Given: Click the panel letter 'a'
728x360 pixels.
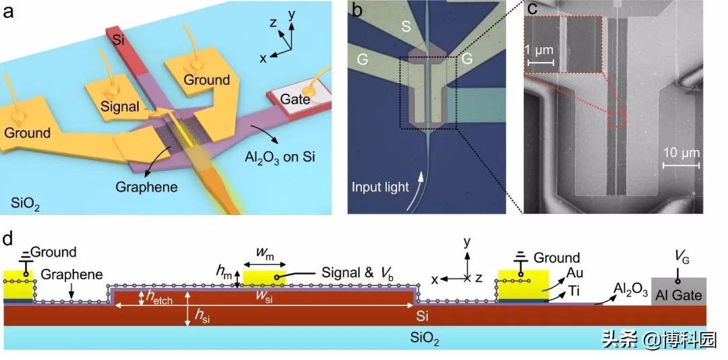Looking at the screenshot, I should pos(10,11).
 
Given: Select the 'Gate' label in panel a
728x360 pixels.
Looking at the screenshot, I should pos(295,100).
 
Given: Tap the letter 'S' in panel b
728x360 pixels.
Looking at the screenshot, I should pos(406,27).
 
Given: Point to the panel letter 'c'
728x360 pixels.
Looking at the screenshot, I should pos(531,10).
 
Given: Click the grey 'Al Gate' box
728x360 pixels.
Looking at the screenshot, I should pos(678,295).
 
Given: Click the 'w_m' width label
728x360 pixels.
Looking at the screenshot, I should pos(264,253).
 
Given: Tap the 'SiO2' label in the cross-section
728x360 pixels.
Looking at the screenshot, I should pos(425,339).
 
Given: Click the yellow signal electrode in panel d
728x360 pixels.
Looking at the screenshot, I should pos(264,277).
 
